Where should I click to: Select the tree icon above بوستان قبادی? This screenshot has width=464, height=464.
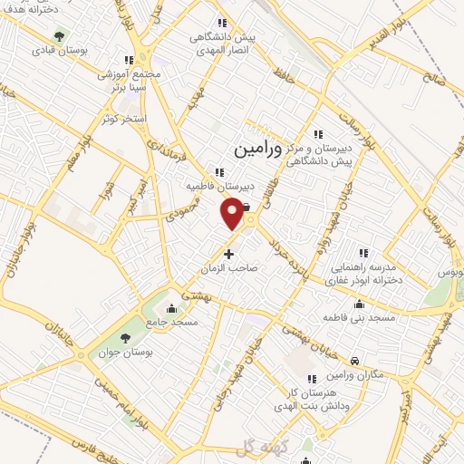pos(60,36)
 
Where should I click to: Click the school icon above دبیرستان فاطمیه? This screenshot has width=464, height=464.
pos(219,172)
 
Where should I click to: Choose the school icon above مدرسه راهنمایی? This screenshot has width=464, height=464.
pos(364,253)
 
